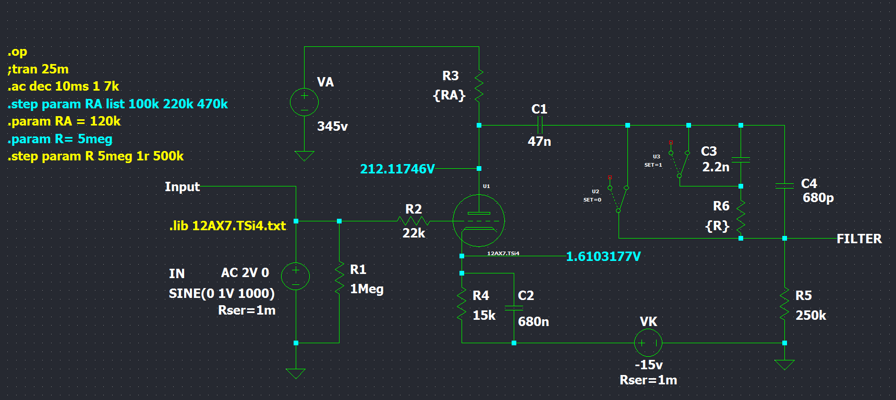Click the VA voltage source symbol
click(304, 102)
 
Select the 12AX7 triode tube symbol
click(478, 221)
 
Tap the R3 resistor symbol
click(479, 85)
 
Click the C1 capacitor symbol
click(540, 125)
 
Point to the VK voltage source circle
click(648, 343)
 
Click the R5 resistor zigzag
click(784, 306)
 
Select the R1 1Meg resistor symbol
click(339, 278)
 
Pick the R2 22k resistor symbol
click(413, 221)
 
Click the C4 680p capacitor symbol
click(784, 185)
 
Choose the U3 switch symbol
click(680, 164)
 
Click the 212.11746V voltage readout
click(397, 169)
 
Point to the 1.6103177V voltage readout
click(603, 256)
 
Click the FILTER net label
click(858, 239)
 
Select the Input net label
click(182, 186)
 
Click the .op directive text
click(17, 52)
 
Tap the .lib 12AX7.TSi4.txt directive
click(227, 226)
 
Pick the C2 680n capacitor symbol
click(514, 308)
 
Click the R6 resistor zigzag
click(741, 216)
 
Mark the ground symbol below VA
click(304, 156)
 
